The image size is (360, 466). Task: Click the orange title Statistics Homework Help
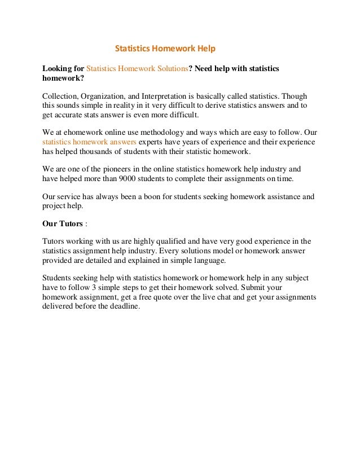[x=165, y=49]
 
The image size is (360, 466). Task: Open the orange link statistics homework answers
[x=89, y=142]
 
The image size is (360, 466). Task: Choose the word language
[x=209, y=260]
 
